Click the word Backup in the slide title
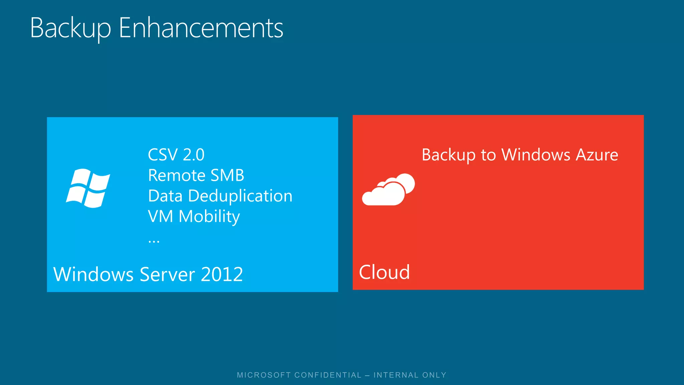(70, 28)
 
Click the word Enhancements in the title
(201, 28)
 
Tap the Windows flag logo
(88, 188)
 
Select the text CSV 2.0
(176, 155)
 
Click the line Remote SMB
(196, 175)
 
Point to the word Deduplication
(240, 196)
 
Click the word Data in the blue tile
(165, 196)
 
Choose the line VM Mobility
(194, 217)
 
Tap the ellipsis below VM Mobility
(154, 241)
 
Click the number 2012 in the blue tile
(222, 274)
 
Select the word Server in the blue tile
(167, 274)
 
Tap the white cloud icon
(388, 189)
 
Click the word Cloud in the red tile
(384, 272)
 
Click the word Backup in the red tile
(449, 155)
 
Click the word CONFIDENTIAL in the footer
(328, 375)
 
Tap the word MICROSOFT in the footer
(264, 375)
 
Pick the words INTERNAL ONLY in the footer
(410, 375)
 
